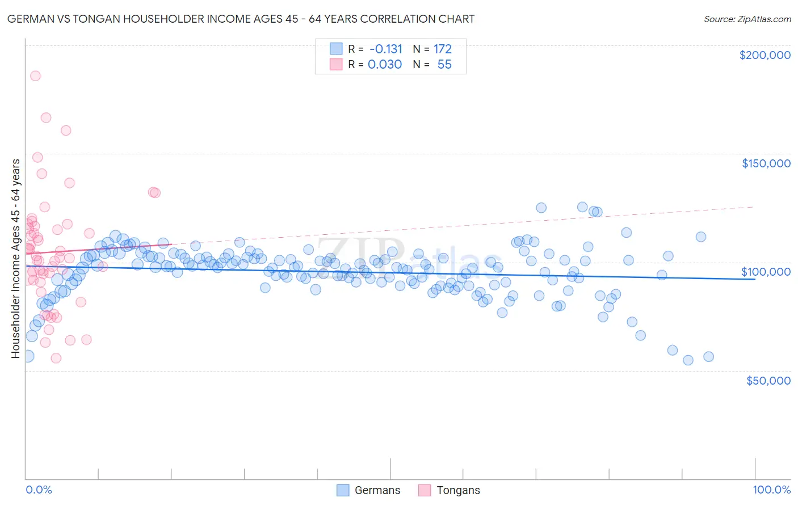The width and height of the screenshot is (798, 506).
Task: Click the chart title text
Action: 241,19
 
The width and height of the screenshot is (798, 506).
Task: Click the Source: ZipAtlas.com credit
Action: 747,19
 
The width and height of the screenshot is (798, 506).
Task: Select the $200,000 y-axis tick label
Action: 765,55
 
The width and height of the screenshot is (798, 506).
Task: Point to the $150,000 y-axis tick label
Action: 766,163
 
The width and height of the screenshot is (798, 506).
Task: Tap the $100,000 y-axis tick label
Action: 766,272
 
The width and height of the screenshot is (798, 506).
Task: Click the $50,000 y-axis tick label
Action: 768,380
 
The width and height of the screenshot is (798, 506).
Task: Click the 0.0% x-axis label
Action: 39,490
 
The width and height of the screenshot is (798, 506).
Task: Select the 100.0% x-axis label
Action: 771,490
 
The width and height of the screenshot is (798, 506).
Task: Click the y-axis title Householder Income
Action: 15,259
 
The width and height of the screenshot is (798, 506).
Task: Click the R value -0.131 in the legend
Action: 385,49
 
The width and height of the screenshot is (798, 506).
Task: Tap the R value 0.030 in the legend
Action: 385,65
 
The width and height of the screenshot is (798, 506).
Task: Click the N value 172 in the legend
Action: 443,49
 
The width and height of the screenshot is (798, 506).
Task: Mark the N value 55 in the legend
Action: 444,65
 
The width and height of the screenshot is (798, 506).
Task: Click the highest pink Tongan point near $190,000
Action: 35,76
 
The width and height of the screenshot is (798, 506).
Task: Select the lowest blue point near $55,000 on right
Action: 688,360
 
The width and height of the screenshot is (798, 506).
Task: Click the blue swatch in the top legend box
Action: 336,49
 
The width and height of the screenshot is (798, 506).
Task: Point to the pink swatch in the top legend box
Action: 336,64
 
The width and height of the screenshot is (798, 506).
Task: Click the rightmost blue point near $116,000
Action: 701,237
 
